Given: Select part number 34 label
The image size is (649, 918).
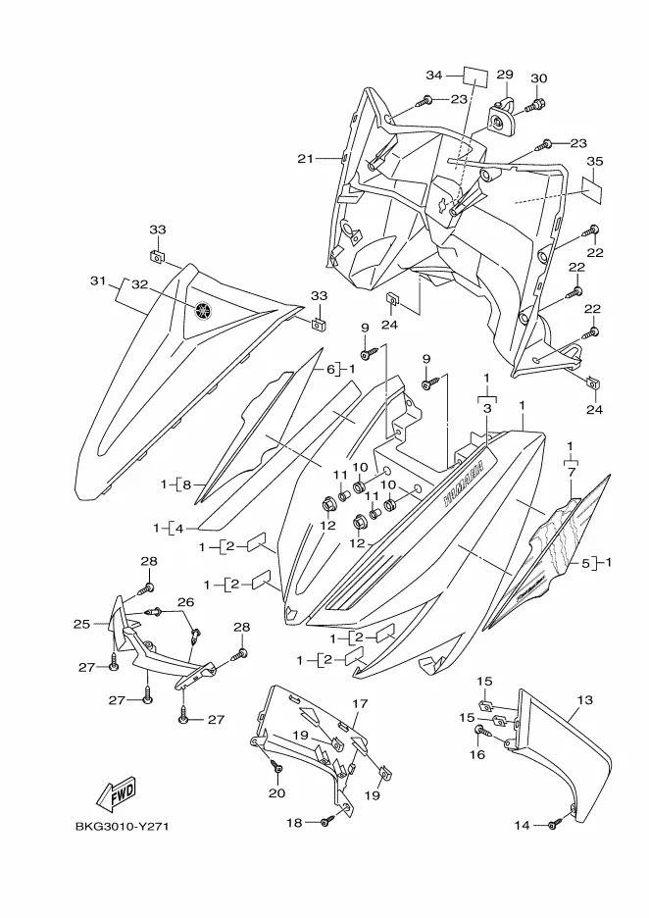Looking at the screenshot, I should click(434, 75).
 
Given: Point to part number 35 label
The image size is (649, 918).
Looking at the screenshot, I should click(594, 162).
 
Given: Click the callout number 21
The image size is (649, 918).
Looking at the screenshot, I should click(305, 159).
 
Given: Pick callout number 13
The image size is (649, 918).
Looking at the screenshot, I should click(585, 700).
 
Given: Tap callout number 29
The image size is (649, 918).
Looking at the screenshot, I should click(504, 75).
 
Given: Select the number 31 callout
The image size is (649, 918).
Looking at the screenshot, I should click(97, 281).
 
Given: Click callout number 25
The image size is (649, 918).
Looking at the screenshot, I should click(82, 624).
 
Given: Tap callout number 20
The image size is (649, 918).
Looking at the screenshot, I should click(276, 792).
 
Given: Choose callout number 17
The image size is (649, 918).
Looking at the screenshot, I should click(360, 704).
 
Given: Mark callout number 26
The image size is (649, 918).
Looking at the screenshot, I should click(185, 601).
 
